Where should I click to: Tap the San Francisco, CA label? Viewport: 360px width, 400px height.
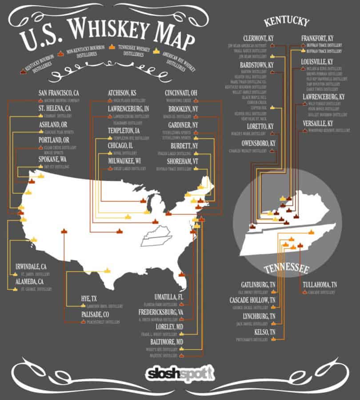(59, 93)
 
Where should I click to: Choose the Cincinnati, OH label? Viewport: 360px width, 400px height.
(180, 93)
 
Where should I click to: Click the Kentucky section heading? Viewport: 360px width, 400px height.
(286, 22)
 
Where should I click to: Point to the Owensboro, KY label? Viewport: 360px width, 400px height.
(258, 144)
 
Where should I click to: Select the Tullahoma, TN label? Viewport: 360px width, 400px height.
(320, 284)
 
